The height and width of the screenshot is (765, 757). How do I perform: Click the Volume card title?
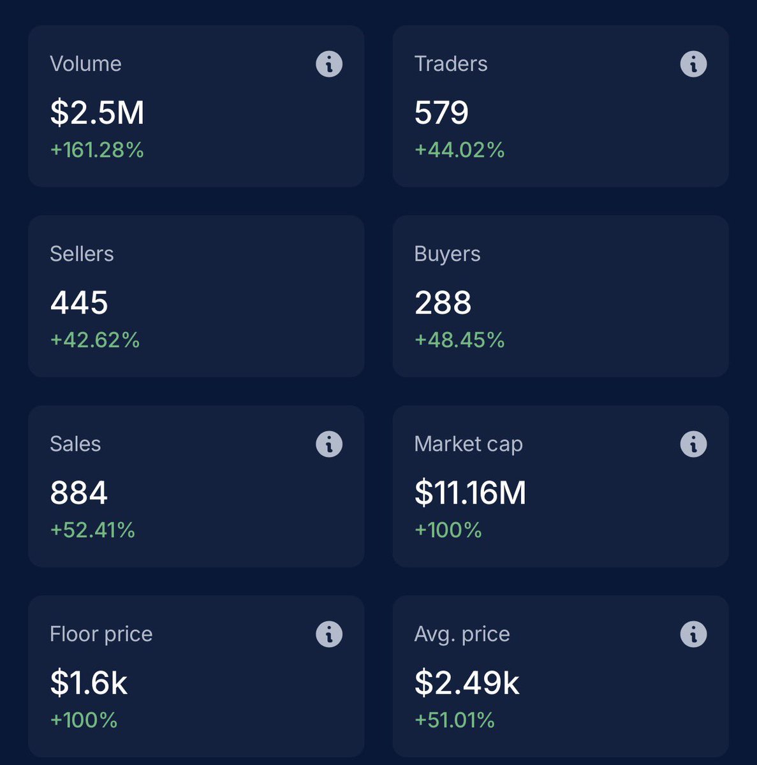(85, 64)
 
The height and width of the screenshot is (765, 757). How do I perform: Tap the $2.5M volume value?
(97, 112)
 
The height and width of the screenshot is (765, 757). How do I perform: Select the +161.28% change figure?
(97, 150)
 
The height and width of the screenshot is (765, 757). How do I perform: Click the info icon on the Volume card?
(329, 64)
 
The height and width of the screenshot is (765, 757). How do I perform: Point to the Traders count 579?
(441, 112)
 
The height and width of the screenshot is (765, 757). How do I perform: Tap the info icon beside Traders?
(693, 64)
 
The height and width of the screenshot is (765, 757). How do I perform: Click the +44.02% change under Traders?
(459, 150)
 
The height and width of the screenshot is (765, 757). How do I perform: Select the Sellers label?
(82, 254)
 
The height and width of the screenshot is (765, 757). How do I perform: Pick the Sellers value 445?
(79, 302)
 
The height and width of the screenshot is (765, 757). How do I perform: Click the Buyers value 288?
(443, 302)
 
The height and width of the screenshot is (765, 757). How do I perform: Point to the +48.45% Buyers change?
(459, 340)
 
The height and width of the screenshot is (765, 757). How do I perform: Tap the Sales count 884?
(79, 493)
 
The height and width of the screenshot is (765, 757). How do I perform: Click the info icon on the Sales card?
(329, 444)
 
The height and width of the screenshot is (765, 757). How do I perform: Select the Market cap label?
(468, 444)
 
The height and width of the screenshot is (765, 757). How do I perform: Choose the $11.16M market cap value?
(470, 493)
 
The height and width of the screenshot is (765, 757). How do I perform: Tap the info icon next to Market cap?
(693, 444)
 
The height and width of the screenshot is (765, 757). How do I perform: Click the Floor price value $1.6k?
(89, 683)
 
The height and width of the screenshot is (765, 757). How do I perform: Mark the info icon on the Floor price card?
(329, 634)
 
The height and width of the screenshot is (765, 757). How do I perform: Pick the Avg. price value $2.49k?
(467, 683)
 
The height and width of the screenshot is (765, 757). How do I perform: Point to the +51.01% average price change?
(455, 720)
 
